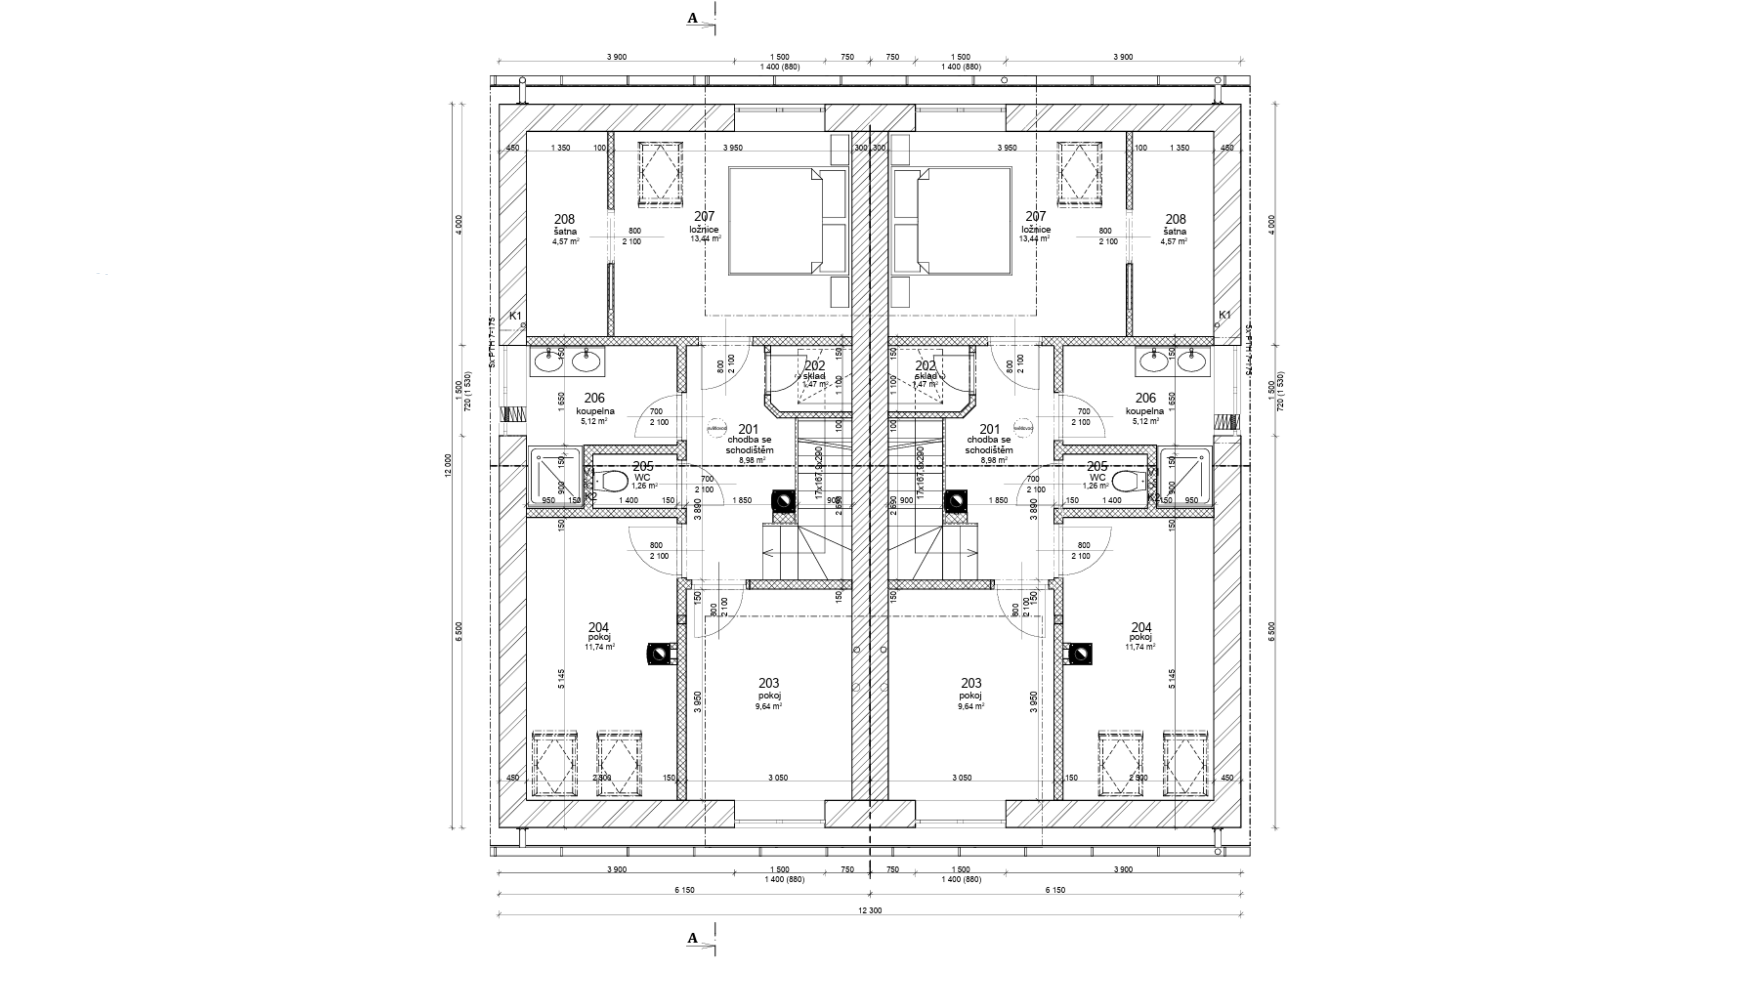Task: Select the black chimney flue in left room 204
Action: point(658,654)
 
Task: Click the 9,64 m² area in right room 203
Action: point(971,706)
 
